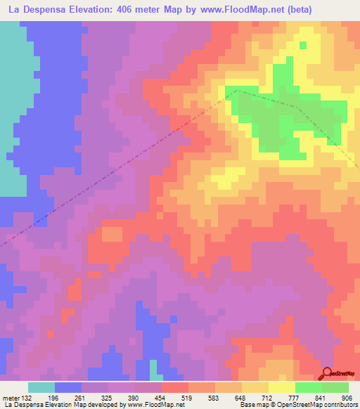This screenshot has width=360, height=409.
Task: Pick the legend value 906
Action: pyautogui.click(x=347, y=396)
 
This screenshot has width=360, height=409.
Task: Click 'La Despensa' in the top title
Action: pyautogui.click(x=36, y=9)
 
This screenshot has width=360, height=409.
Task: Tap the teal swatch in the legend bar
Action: pyautogui.click(x=41, y=387)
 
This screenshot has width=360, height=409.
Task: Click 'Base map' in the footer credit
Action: pyautogui.click(x=254, y=405)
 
